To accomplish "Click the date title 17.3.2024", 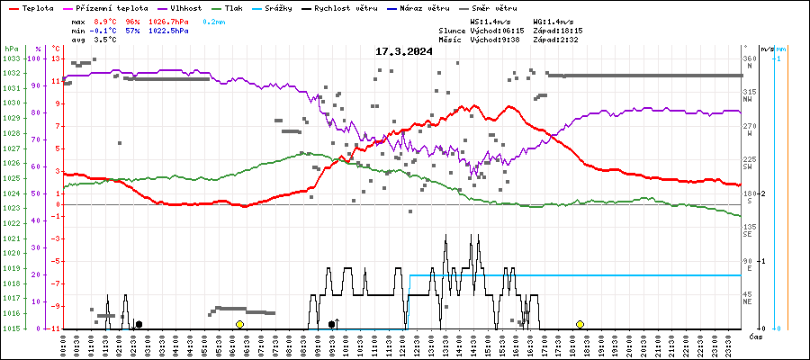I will [404, 51].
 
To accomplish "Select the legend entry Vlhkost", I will [187, 8].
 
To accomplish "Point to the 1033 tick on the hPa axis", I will [11, 58].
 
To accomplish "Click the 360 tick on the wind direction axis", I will [748, 58].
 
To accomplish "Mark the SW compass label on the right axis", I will [748, 167].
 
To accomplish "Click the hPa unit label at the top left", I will [11, 49].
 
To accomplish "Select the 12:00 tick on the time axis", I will [405, 345].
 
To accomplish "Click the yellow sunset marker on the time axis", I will [580, 324].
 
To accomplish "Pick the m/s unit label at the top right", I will [767, 49].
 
